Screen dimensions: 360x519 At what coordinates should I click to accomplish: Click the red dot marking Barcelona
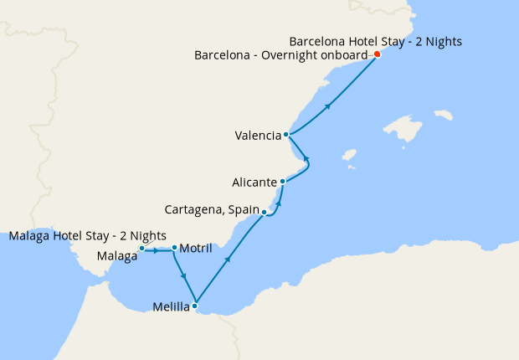377,54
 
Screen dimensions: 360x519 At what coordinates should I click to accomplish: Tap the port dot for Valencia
286,134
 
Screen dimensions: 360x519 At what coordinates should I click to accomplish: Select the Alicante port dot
282,181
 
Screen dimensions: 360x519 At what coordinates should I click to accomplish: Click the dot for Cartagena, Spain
264,213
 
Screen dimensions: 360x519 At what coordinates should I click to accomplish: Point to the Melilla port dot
195,306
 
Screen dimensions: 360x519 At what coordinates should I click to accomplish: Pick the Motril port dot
173,248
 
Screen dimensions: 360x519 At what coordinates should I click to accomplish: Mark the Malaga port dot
142,249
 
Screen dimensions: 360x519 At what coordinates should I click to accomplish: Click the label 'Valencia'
257,136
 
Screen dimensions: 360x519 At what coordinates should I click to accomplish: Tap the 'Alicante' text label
254,182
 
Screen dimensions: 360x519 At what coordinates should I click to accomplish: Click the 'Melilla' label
171,307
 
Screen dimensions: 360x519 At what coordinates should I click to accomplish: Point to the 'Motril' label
196,249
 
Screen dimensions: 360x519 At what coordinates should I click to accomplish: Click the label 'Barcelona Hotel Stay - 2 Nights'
375,40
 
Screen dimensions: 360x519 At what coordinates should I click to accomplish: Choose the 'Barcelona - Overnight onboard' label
281,55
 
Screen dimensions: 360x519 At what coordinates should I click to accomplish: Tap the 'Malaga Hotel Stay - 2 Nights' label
87,235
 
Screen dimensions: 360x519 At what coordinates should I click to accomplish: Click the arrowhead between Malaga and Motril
157,249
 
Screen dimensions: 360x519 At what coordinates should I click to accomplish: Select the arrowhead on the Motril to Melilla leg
182,278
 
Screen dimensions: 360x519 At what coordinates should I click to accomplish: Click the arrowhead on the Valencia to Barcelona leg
329,105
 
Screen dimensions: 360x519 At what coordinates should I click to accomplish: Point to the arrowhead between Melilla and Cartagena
228,260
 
